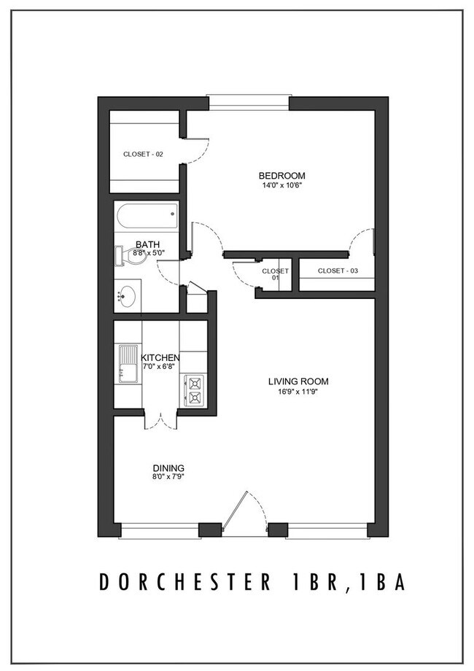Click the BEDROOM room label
281,176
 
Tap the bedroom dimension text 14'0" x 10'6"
281,185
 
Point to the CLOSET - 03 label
336,271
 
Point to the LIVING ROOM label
298,381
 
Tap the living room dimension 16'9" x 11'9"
298,391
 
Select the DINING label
168,468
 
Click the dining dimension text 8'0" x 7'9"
168,478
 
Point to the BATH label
148,245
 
